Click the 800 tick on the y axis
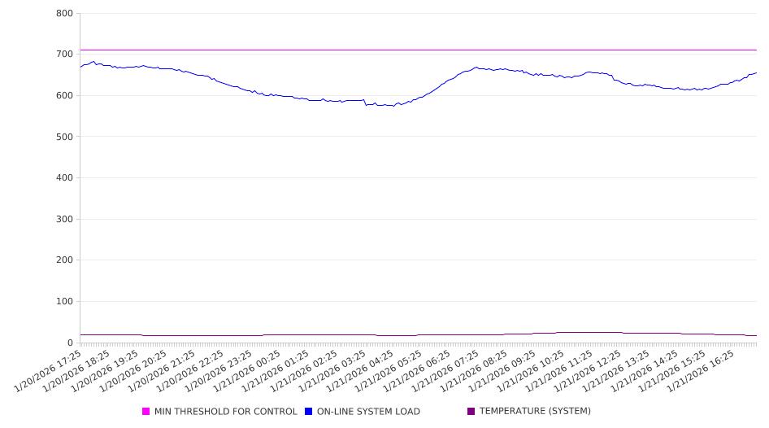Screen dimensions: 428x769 point(65,14)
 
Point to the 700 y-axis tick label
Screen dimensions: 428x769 point(65,55)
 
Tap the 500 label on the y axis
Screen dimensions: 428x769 point(65,137)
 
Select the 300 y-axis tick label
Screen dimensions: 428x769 point(65,219)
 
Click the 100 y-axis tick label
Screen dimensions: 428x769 point(65,302)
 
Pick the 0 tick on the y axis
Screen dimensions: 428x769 point(71,343)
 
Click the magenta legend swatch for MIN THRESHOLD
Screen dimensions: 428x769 point(146,412)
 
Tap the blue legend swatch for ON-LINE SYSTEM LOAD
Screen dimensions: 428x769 point(309,412)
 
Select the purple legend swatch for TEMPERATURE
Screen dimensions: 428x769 point(471,412)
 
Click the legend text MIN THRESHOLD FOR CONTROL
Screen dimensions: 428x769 point(225,412)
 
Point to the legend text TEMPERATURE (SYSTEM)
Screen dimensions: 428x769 point(535,412)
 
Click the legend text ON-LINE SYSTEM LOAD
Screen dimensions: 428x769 point(368,412)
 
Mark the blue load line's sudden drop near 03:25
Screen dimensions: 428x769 point(365,103)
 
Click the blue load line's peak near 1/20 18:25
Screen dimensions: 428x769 point(93,61)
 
